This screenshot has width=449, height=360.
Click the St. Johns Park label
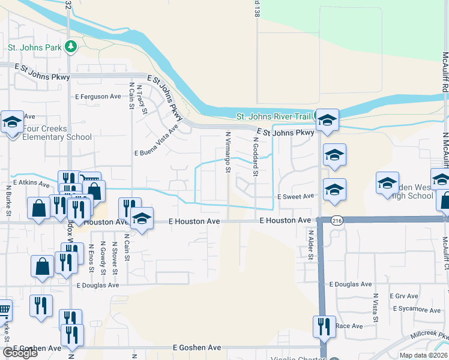[x=34, y=47]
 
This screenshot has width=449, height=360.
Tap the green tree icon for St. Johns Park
[x=71, y=46]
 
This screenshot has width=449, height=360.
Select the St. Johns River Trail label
[x=274, y=116]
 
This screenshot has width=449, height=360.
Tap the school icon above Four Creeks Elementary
[x=12, y=122]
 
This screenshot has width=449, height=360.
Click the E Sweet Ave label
[x=295, y=196]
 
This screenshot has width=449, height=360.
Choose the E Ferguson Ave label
[x=98, y=97]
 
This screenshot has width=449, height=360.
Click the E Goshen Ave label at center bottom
[x=197, y=347]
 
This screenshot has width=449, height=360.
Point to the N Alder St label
[x=311, y=245]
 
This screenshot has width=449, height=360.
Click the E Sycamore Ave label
[x=417, y=310]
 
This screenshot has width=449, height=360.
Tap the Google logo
[x=20, y=353]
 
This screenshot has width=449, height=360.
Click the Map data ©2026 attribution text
[x=423, y=355]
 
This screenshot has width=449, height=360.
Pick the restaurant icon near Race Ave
[x=324, y=327]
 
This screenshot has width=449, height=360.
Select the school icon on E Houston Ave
[x=142, y=218]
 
